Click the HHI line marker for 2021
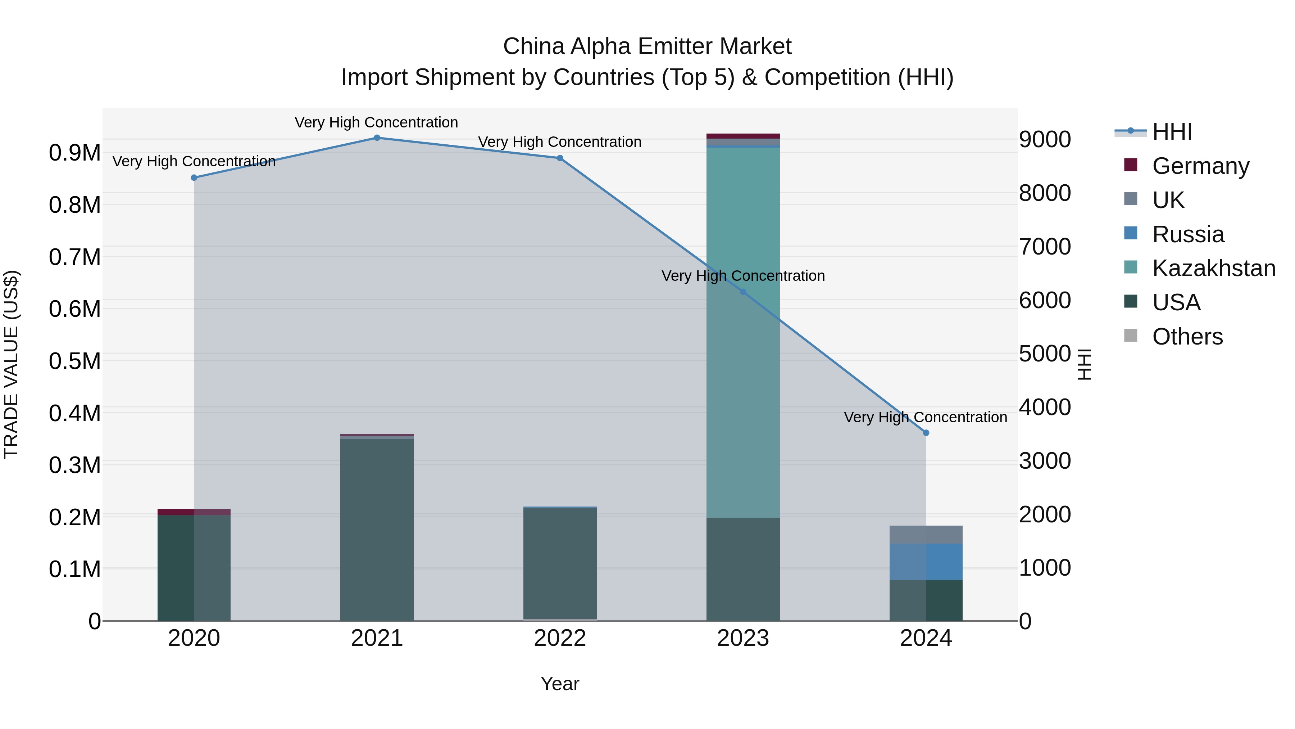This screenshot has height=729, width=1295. [377, 138]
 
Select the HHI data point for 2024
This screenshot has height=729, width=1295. [926, 433]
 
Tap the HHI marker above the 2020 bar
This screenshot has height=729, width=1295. [194, 177]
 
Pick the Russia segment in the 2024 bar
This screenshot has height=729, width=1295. [926, 562]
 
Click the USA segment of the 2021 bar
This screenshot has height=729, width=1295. [377, 528]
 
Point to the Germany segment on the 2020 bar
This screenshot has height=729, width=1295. [194, 512]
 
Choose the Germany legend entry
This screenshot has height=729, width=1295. [1200, 166]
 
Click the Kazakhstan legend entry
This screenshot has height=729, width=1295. [1214, 268]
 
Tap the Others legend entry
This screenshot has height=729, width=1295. [1187, 337]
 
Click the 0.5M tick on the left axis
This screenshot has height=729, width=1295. [75, 361]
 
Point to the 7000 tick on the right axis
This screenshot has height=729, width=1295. [1045, 247]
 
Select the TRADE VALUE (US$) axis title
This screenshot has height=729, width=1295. [11, 364]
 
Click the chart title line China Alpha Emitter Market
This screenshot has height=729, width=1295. [647, 46]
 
